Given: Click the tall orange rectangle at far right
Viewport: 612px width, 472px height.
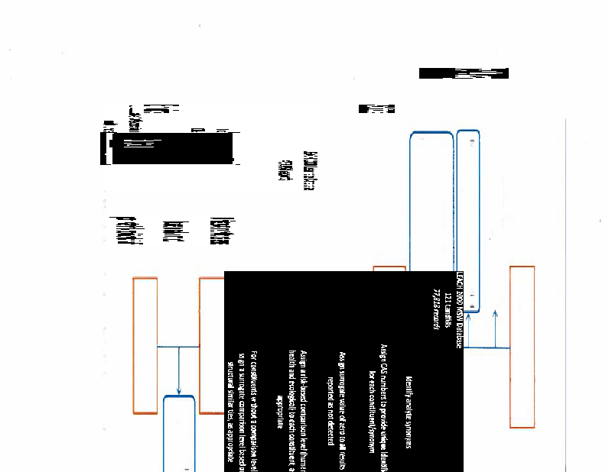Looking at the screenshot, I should click(x=522, y=346).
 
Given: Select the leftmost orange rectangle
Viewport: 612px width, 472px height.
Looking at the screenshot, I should click(x=145, y=345).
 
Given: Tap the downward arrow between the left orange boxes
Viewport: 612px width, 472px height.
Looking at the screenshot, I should click(x=178, y=370).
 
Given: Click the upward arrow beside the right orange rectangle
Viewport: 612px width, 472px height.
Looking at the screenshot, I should click(x=496, y=328).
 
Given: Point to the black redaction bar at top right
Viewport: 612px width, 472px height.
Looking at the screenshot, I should click(x=464, y=73).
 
